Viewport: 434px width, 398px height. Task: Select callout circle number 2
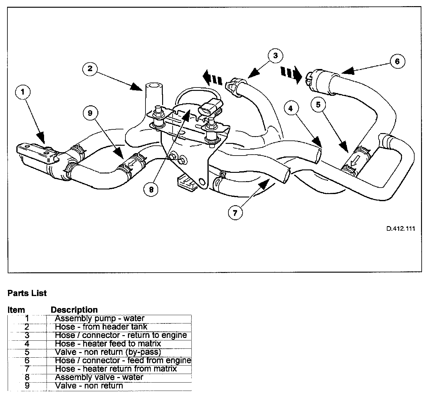90,68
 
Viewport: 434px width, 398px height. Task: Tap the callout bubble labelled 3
275,56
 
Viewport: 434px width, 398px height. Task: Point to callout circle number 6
397,61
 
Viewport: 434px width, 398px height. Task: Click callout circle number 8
151,190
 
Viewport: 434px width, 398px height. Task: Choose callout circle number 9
90,113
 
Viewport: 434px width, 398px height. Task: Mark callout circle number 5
318,105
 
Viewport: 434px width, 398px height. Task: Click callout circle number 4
291,108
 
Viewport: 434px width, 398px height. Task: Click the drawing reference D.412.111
400,229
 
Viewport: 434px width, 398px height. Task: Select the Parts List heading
27,293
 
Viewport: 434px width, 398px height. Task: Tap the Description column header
74,310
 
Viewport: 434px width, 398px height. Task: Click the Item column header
16,310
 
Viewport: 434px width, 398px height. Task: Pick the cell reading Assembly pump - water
99,318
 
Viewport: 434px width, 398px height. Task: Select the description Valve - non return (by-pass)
108,352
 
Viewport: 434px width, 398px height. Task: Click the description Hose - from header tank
101,327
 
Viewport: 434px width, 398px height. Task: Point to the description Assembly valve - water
99,377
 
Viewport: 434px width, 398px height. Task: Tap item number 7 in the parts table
27,369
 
